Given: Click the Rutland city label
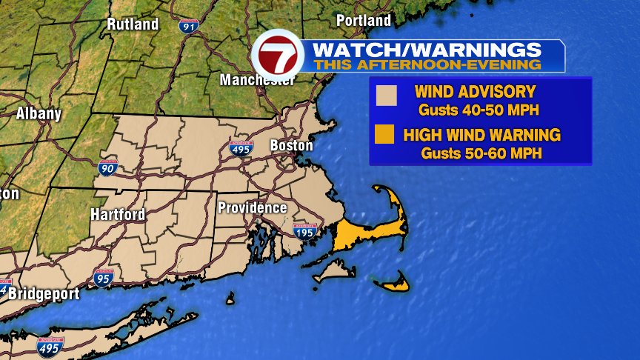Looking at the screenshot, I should tap(133, 24).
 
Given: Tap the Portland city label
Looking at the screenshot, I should tap(363, 20).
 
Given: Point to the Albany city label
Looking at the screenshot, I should tap(38, 115).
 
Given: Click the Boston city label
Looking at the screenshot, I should tap(291, 145).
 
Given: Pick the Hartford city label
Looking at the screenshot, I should tap(118, 214).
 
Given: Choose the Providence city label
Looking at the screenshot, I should tap(252, 208).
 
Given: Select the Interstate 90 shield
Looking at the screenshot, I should tap(107, 167).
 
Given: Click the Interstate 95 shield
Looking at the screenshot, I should tap(103, 279).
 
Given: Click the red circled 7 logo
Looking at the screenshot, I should tap(278, 55).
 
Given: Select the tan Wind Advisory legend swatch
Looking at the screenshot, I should tap(386, 96).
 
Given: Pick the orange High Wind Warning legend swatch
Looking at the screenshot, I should tap(383, 136).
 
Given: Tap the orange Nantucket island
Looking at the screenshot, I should tap(393, 282).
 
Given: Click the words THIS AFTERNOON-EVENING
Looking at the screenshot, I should tap(427, 64).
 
